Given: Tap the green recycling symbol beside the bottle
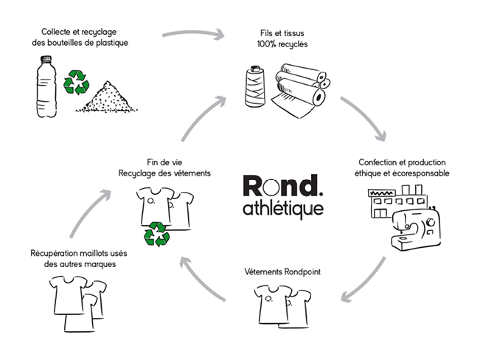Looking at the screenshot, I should pyautogui.click(x=76, y=82).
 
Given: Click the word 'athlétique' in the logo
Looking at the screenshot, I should pyautogui.click(x=282, y=207).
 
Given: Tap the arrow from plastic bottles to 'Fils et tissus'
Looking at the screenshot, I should pyautogui.click(x=192, y=34).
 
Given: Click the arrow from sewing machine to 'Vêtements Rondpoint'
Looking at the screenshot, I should pyautogui.click(x=366, y=281).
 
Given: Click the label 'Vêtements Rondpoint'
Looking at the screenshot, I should pyautogui.click(x=282, y=271).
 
